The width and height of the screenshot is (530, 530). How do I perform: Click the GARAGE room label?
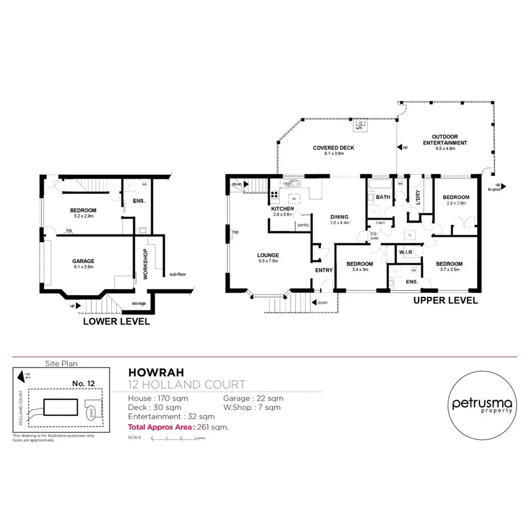point(84,261)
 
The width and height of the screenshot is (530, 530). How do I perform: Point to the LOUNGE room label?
point(268,255)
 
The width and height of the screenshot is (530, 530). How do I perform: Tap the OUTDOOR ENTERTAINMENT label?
point(445,140)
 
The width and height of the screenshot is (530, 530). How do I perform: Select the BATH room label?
point(383,197)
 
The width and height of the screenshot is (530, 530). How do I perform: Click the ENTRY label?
point(324,270)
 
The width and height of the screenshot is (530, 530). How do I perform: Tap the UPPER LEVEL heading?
point(446,300)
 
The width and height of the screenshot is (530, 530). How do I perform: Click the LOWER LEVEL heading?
point(116,322)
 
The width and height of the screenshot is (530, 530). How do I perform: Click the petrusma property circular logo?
point(482,406)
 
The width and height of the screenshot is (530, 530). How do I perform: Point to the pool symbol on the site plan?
point(92,413)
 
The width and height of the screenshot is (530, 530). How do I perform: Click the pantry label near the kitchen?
point(303,224)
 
